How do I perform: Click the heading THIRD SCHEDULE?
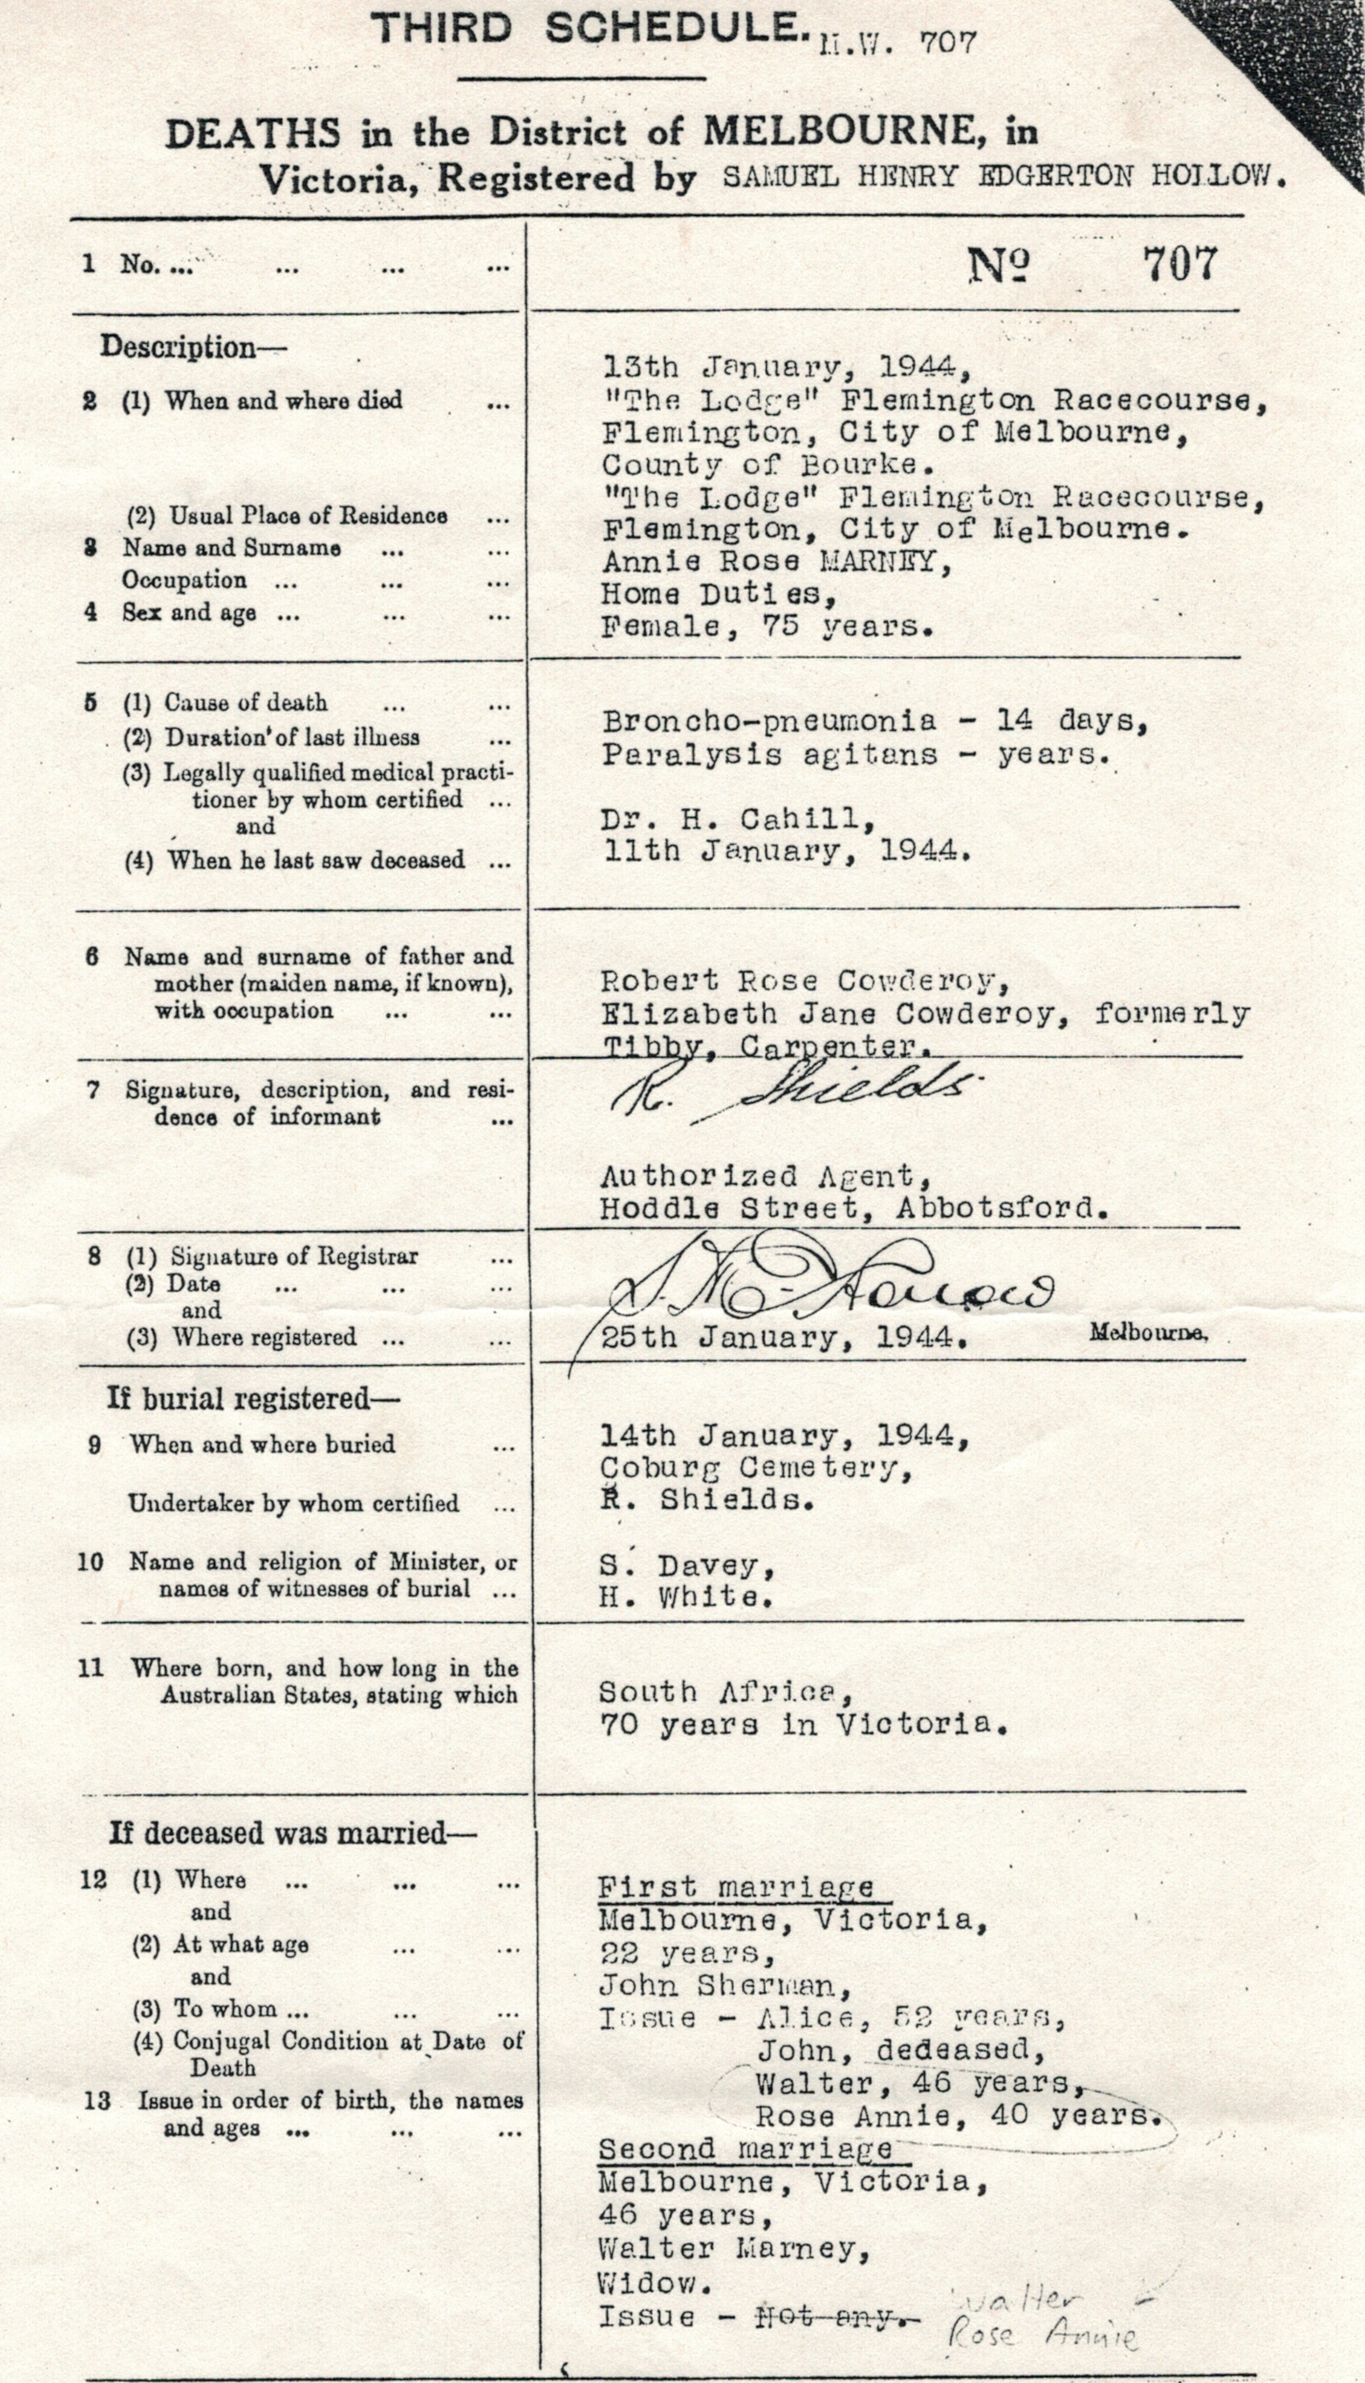point(589,30)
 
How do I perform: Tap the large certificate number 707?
point(1179,264)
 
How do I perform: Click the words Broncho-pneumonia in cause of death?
point(769,721)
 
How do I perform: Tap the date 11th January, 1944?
point(784,852)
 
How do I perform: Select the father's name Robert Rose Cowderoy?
point(804,981)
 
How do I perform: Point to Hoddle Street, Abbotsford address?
point(853,1209)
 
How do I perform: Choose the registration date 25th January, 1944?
point(784,1337)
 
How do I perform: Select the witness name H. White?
point(686,1597)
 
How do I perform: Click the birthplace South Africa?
point(726,1692)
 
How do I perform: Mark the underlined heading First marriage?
point(736,1888)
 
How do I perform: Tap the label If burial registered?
point(253,1399)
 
